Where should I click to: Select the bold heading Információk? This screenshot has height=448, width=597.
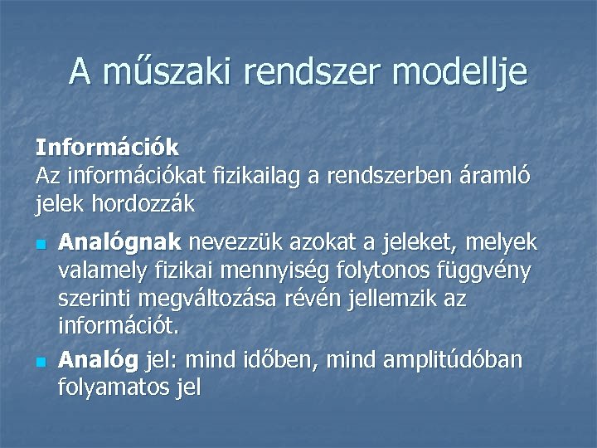pyautogui.click(x=107, y=148)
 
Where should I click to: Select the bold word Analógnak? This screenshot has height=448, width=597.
pyautogui.click(x=120, y=243)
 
